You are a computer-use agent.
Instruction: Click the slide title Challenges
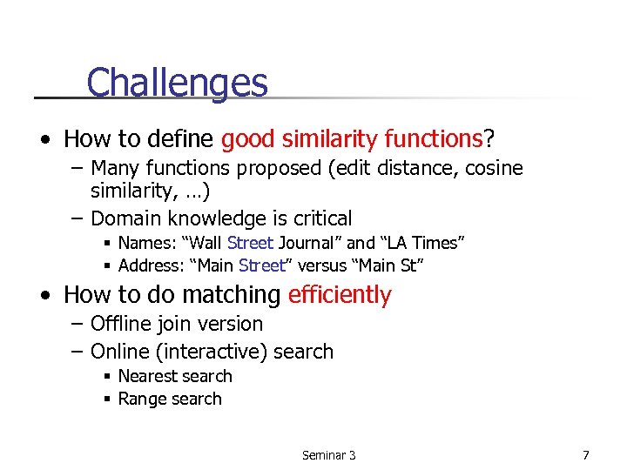(177, 83)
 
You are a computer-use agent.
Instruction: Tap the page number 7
(586, 454)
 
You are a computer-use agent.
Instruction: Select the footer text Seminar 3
(328, 455)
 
